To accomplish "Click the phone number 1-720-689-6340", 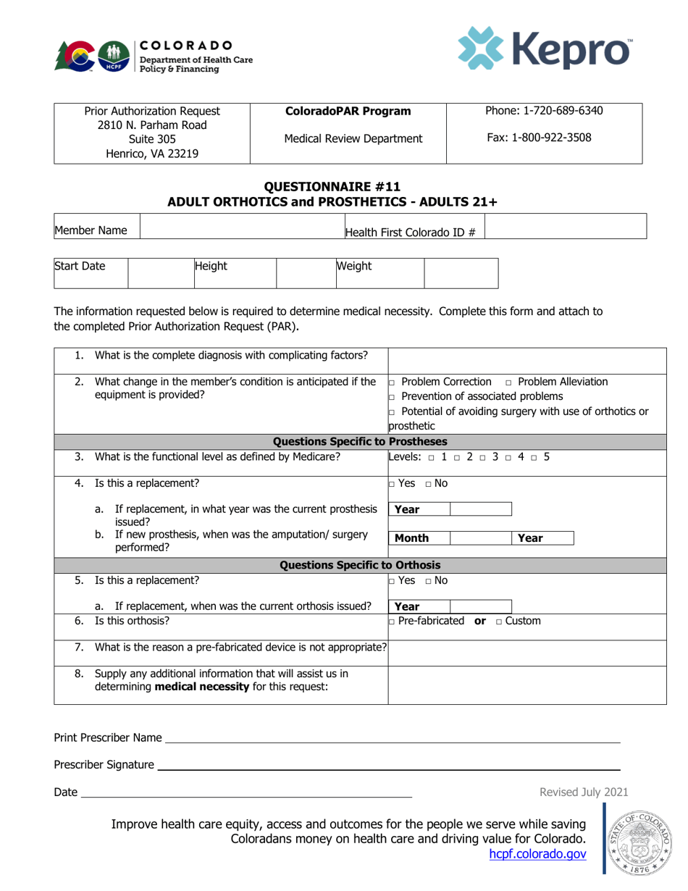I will [x=544, y=111].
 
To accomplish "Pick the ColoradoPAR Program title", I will [x=348, y=112].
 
